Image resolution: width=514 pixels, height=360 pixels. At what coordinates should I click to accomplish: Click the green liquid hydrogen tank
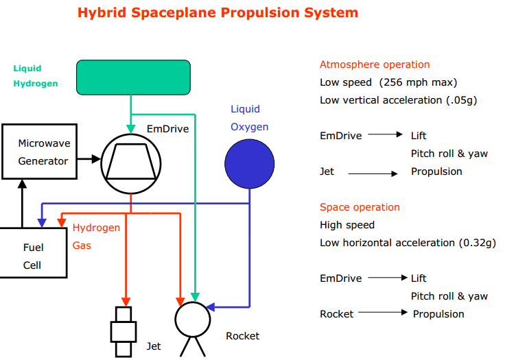coord(133,77)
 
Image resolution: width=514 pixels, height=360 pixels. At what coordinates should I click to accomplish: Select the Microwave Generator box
coord(44,152)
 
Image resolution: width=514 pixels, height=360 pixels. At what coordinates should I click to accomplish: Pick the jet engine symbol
coord(123,332)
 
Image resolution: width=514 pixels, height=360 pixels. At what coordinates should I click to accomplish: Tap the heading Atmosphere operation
coord(375,64)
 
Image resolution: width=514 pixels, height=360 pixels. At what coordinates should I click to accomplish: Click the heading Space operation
coord(360,207)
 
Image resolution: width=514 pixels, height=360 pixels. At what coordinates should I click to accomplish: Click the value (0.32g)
coord(476,243)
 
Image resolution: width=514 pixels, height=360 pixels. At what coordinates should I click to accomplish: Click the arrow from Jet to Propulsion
coord(373,174)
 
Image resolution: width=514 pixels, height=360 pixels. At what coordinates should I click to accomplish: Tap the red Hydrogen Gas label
coord(96,236)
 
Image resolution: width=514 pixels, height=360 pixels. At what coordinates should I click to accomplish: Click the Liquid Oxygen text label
coord(249,118)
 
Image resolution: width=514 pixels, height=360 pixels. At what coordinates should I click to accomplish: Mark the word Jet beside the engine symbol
coord(154,346)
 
